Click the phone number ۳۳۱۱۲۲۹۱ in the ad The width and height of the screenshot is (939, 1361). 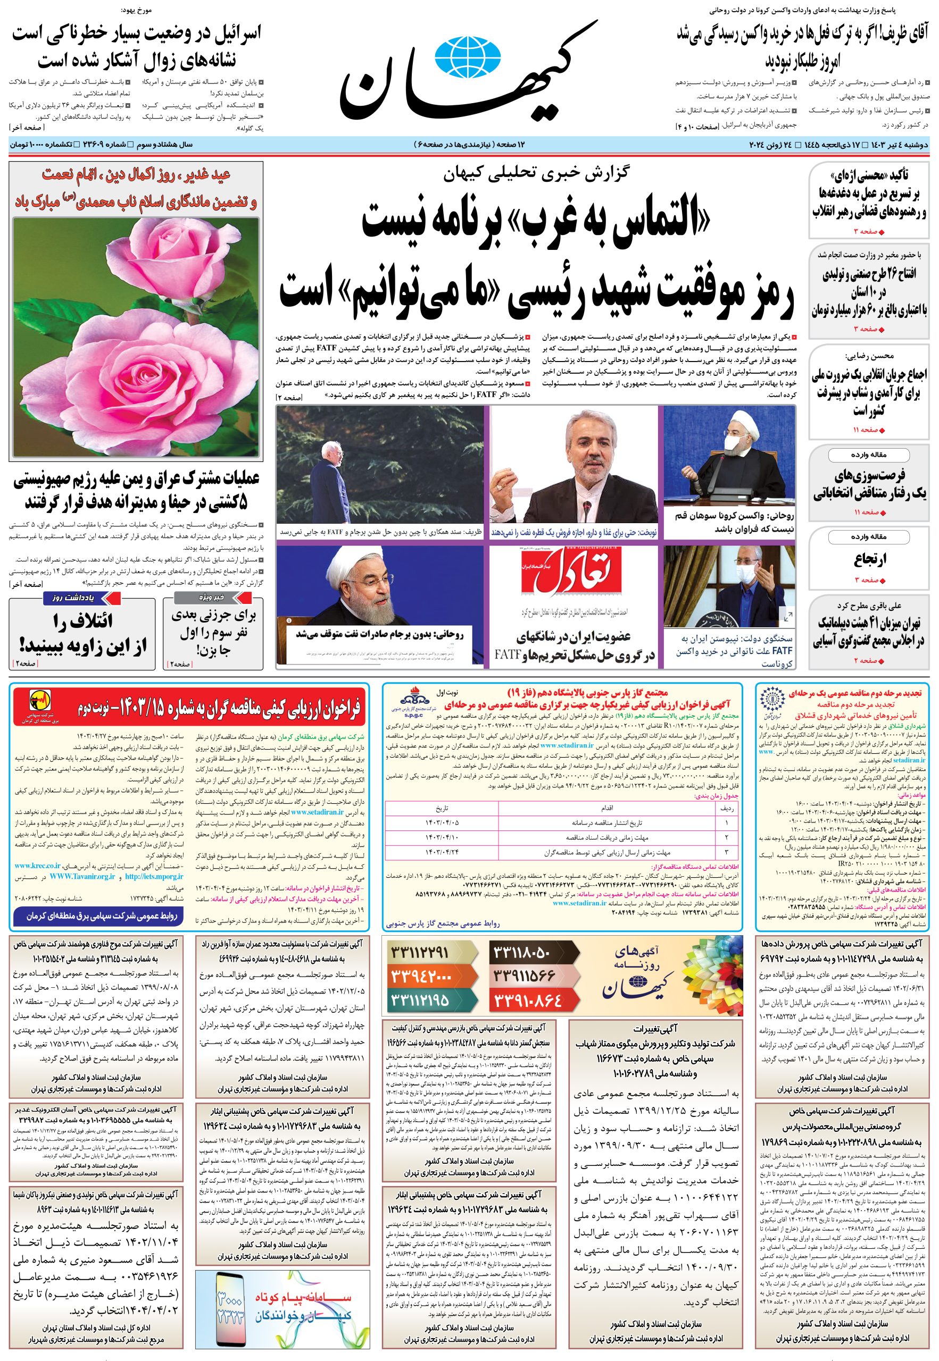[x=419, y=952]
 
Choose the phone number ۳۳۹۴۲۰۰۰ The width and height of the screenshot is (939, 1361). [x=419, y=976]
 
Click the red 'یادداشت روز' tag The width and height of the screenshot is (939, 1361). [x=82, y=598]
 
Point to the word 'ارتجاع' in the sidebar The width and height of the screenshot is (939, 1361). [x=870, y=559]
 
